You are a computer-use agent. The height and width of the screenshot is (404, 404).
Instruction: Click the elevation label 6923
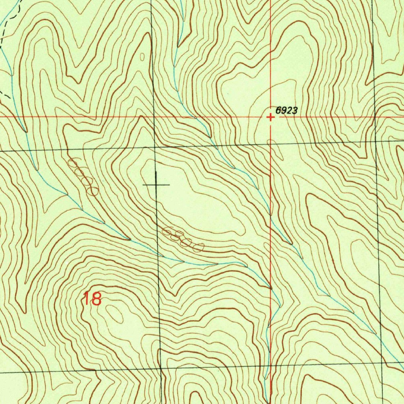pos(286,111)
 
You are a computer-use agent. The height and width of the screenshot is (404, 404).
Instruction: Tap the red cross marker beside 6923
pos(270,117)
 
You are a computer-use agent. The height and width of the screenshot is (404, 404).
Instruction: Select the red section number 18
pos(92,299)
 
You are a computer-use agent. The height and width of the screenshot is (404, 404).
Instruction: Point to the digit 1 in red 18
pos(86,299)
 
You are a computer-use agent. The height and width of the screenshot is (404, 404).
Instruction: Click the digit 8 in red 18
pos(96,299)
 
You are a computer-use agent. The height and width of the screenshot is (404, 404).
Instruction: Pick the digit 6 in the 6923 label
pos(278,111)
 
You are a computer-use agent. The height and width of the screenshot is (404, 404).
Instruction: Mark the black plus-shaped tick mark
pos(157,184)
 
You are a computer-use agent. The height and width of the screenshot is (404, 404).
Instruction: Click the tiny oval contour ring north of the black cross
pos(142,57)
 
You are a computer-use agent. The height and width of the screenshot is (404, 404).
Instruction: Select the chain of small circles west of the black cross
pos(83,177)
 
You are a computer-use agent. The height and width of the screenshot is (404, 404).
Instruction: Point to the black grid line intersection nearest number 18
pos(161,369)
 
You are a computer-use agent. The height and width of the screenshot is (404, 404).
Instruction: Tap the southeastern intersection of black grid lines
pos(382,364)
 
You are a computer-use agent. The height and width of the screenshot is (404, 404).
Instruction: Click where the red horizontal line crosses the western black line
pos(153,117)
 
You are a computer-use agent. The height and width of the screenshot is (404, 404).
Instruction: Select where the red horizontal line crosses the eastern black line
pos(374,117)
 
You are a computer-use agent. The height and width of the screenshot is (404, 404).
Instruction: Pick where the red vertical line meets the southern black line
pos(271,367)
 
